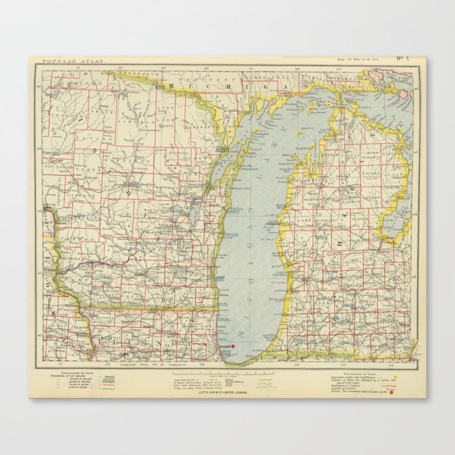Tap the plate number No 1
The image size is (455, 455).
click(x=403, y=60)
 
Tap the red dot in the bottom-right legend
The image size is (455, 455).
click(x=391, y=392)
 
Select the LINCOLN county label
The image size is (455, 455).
click(x=137, y=123)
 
